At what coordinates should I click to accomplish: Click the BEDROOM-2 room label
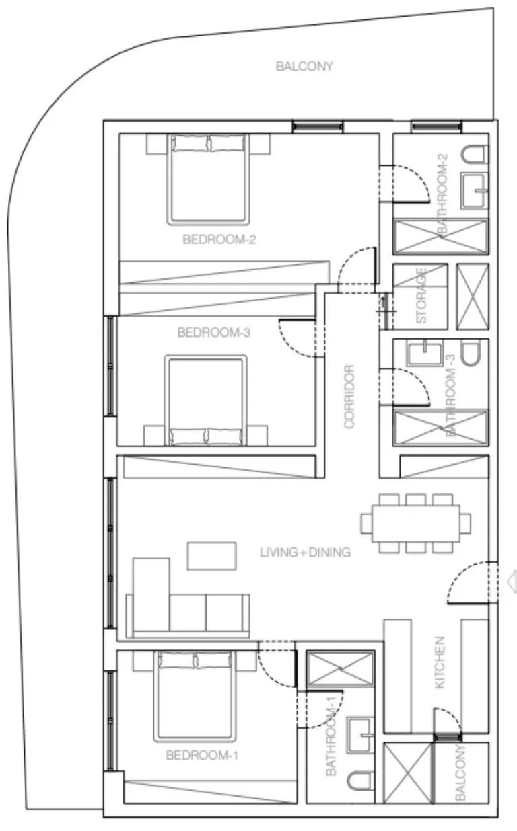(x=211, y=239)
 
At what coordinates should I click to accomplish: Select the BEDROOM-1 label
(x=202, y=755)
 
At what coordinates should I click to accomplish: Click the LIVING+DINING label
(x=305, y=553)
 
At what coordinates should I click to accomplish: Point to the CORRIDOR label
(x=349, y=397)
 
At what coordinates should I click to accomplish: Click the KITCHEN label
(x=440, y=662)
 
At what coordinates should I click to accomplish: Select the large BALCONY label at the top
(x=304, y=66)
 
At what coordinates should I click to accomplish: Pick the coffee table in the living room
(x=212, y=556)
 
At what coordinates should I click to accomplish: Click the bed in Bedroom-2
(x=208, y=178)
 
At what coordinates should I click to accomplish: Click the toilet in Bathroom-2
(x=473, y=155)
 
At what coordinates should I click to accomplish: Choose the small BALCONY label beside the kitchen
(x=461, y=773)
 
